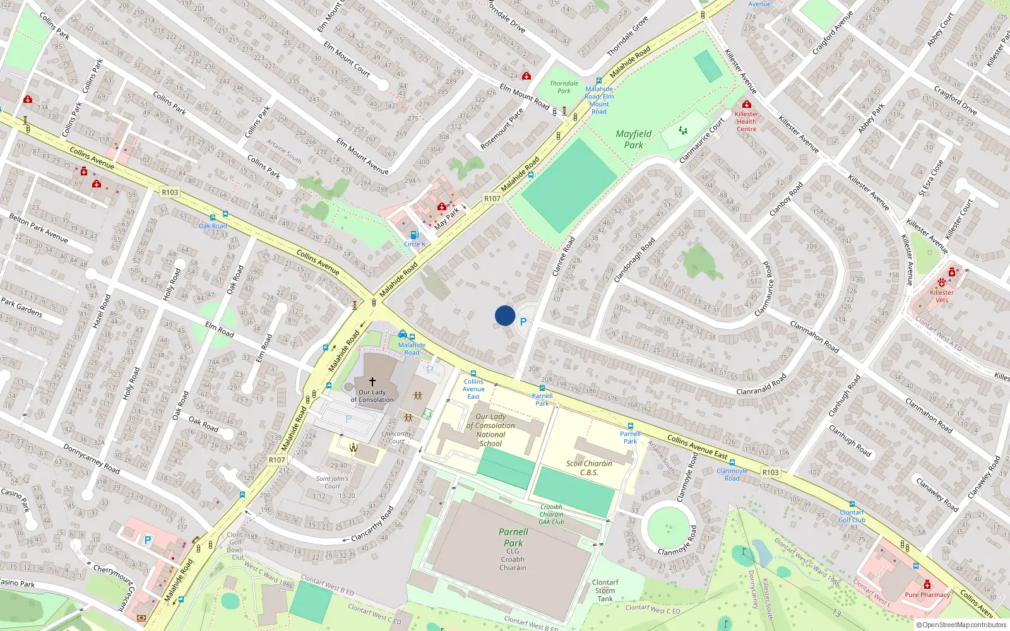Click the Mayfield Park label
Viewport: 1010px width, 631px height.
point(634,139)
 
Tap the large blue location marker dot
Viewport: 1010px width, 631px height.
point(505,315)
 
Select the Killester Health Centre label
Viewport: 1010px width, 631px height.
point(746,121)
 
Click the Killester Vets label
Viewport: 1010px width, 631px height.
point(942,296)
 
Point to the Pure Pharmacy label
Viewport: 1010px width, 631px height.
point(927,594)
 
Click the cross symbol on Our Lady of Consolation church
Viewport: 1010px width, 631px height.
point(372,382)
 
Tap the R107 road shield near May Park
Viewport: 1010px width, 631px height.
point(492,198)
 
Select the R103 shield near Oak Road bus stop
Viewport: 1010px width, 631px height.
point(170,192)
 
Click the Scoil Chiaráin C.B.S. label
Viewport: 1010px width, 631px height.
point(589,468)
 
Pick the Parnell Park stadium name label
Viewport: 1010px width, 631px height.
point(513,537)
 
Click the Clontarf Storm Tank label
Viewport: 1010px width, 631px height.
point(605,591)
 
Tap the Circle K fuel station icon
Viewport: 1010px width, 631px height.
point(414,235)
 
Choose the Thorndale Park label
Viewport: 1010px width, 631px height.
point(564,87)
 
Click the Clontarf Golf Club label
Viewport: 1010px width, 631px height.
point(852,516)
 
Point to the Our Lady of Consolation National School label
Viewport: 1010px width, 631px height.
point(490,430)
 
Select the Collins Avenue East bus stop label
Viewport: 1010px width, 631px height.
point(473,389)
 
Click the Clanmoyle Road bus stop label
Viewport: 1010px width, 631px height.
point(732,475)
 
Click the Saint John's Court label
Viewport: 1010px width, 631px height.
point(332,482)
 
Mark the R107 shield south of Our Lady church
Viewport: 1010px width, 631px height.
point(276,460)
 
